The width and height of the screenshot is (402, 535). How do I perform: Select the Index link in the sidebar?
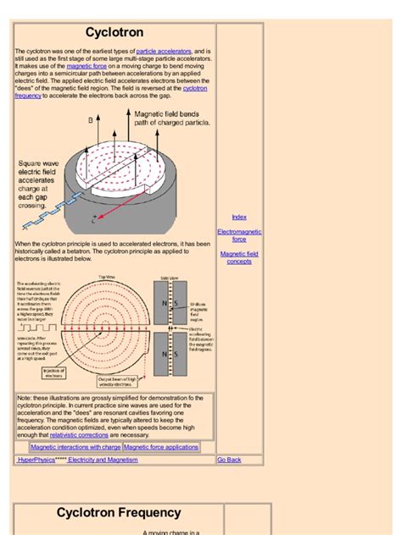[239, 218]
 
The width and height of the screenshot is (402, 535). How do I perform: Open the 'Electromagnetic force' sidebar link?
[239, 235]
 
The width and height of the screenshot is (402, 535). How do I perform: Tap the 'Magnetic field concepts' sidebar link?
[239, 257]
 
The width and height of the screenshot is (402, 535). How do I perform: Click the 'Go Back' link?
[229, 460]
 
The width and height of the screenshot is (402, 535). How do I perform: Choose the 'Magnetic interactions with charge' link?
[75, 447]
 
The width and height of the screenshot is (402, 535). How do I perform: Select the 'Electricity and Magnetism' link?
[103, 460]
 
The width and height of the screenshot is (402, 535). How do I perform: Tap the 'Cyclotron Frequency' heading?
[119, 513]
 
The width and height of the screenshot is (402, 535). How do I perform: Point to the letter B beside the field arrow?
[91, 121]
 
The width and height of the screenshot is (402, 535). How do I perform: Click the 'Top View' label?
[107, 277]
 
